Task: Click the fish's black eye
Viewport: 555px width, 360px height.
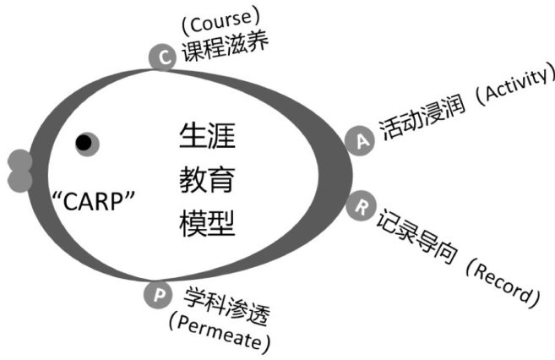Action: [84, 144]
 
